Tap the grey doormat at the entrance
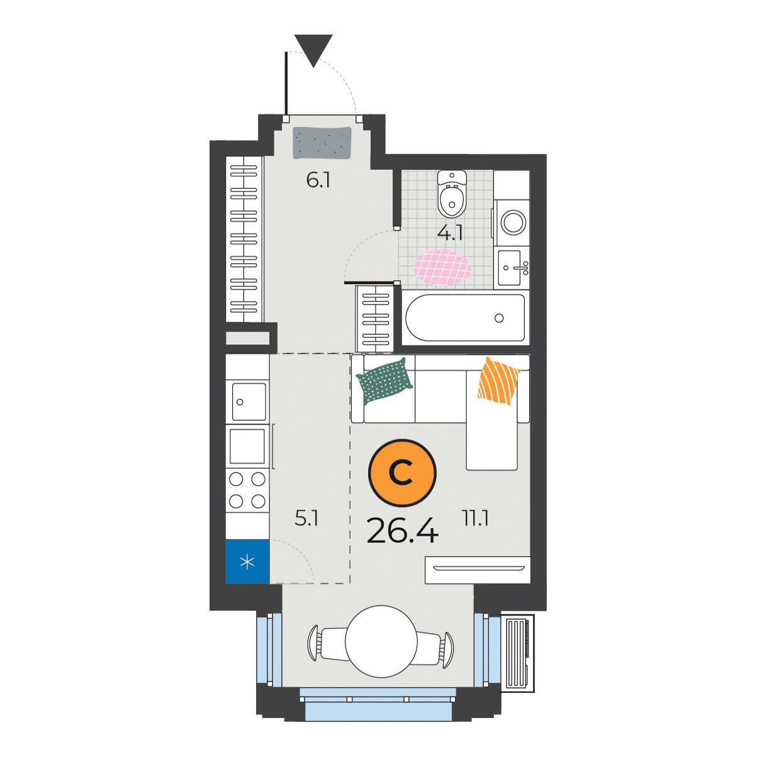[x=322, y=143]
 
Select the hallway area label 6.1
[x=318, y=181]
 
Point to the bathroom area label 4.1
[x=450, y=233]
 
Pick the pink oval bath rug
[x=442, y=267]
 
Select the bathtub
[x=465, y=318]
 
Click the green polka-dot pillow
[x=384, y=381]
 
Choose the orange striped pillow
[x=498, y=381]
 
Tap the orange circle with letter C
[x=402, y=473]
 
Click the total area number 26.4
[x=402, y=530]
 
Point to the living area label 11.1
[x=476, y=519]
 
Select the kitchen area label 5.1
[x=306, y=519]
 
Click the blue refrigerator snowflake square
[x=247, y=562]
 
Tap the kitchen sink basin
[x=249, y=401]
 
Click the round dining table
[x=381, y=641]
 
